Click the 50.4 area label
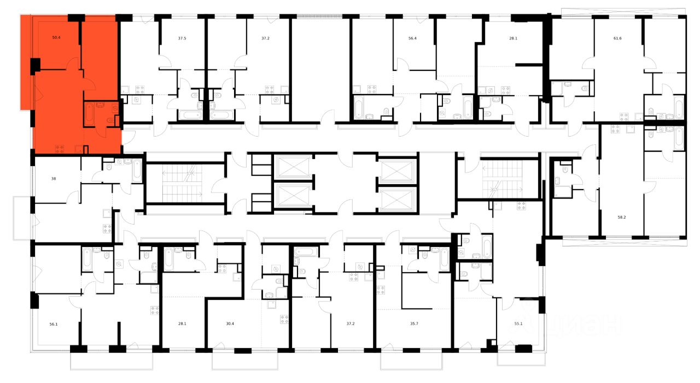click(x=56, y=38)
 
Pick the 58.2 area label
click(x=621, y=217)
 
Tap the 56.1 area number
click(x=54, y=323)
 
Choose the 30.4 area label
click(x=230, y=323)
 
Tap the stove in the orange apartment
click(x=59, y=147)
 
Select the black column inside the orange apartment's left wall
click(x=36, y=66)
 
